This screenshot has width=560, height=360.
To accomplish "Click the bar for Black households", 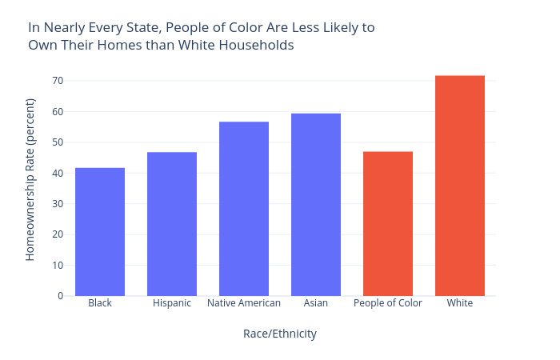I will click(x=100, y=232).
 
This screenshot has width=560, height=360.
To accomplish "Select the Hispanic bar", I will click(x=172, y=224).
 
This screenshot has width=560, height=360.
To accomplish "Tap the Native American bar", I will click(x=244, y=209).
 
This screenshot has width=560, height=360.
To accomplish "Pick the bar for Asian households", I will click(x=316, y=205).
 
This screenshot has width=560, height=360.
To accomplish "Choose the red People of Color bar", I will click(x=388, y=224).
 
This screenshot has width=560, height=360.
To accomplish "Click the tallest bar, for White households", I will click(x=460, y=186).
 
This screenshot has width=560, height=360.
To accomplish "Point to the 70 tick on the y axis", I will click(x=58, y=81).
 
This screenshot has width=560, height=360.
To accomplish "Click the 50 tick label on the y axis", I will click(x=58, y=142).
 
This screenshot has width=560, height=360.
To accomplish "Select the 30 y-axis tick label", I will click(x=58, y=204).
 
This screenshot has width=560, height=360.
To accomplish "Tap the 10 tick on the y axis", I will click(x=58, y=266).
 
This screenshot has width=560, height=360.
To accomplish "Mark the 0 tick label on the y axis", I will click(x=60, y=296).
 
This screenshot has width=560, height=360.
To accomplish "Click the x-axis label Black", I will click(x=100, y=303).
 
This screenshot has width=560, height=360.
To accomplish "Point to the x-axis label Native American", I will click(x=244, y=303).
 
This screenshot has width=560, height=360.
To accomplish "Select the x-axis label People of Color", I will click(x=388, y=303).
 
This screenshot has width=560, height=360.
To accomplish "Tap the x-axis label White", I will click(x=460, y=303).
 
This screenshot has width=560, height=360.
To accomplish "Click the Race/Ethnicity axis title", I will click(x=280, y=334).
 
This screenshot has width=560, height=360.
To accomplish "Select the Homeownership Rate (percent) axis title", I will click(x=30, y=179).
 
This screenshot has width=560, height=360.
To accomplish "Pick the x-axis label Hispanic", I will click(x=172, y=303).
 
